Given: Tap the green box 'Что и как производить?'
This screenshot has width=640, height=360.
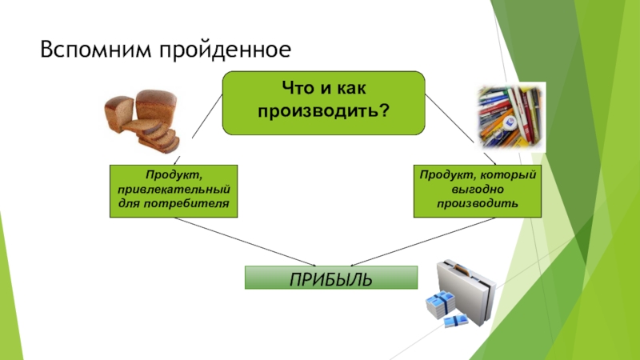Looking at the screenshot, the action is [323, 102].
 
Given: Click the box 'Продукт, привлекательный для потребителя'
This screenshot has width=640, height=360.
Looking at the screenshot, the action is [174, 191].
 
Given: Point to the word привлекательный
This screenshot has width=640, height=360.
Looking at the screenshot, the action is [174, 191].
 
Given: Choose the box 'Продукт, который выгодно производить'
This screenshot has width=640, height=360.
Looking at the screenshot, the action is [478, 191].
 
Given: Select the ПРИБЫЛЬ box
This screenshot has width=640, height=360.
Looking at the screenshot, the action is [330, 278].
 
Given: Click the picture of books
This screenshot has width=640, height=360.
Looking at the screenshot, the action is [512, 116].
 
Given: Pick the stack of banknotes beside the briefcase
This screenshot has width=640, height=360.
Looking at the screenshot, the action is [441, 307].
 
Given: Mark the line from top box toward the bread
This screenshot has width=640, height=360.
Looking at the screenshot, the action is [200, 120].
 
